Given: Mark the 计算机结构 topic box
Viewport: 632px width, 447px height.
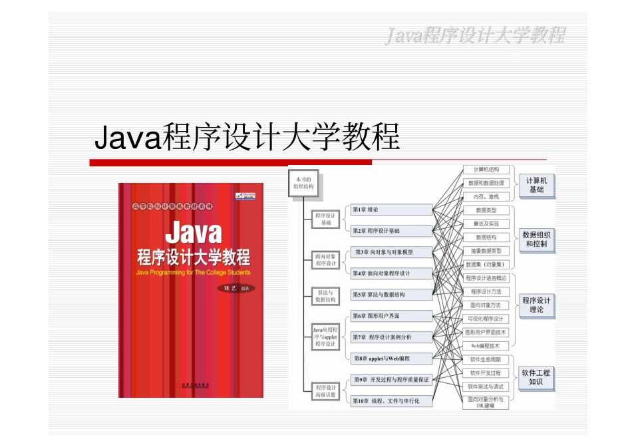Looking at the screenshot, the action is pyautogui.click(x=486, y=170).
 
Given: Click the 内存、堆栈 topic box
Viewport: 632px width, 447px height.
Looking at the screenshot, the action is pyautogui.click(x=486, y=196).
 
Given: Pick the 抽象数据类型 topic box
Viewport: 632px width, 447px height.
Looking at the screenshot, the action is pyautogui.click(x=486, y=251).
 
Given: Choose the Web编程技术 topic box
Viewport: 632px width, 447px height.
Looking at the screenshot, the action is pyautogui.click(x=486, y=346).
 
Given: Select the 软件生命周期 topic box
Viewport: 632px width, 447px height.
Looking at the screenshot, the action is pyautogui.click(x=486, y=360).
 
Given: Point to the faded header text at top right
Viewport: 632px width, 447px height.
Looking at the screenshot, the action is pyautogui.click(x=476, y=35).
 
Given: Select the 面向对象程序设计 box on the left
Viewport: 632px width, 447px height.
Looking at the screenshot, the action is pyautogui.click(x=325, y=258).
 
